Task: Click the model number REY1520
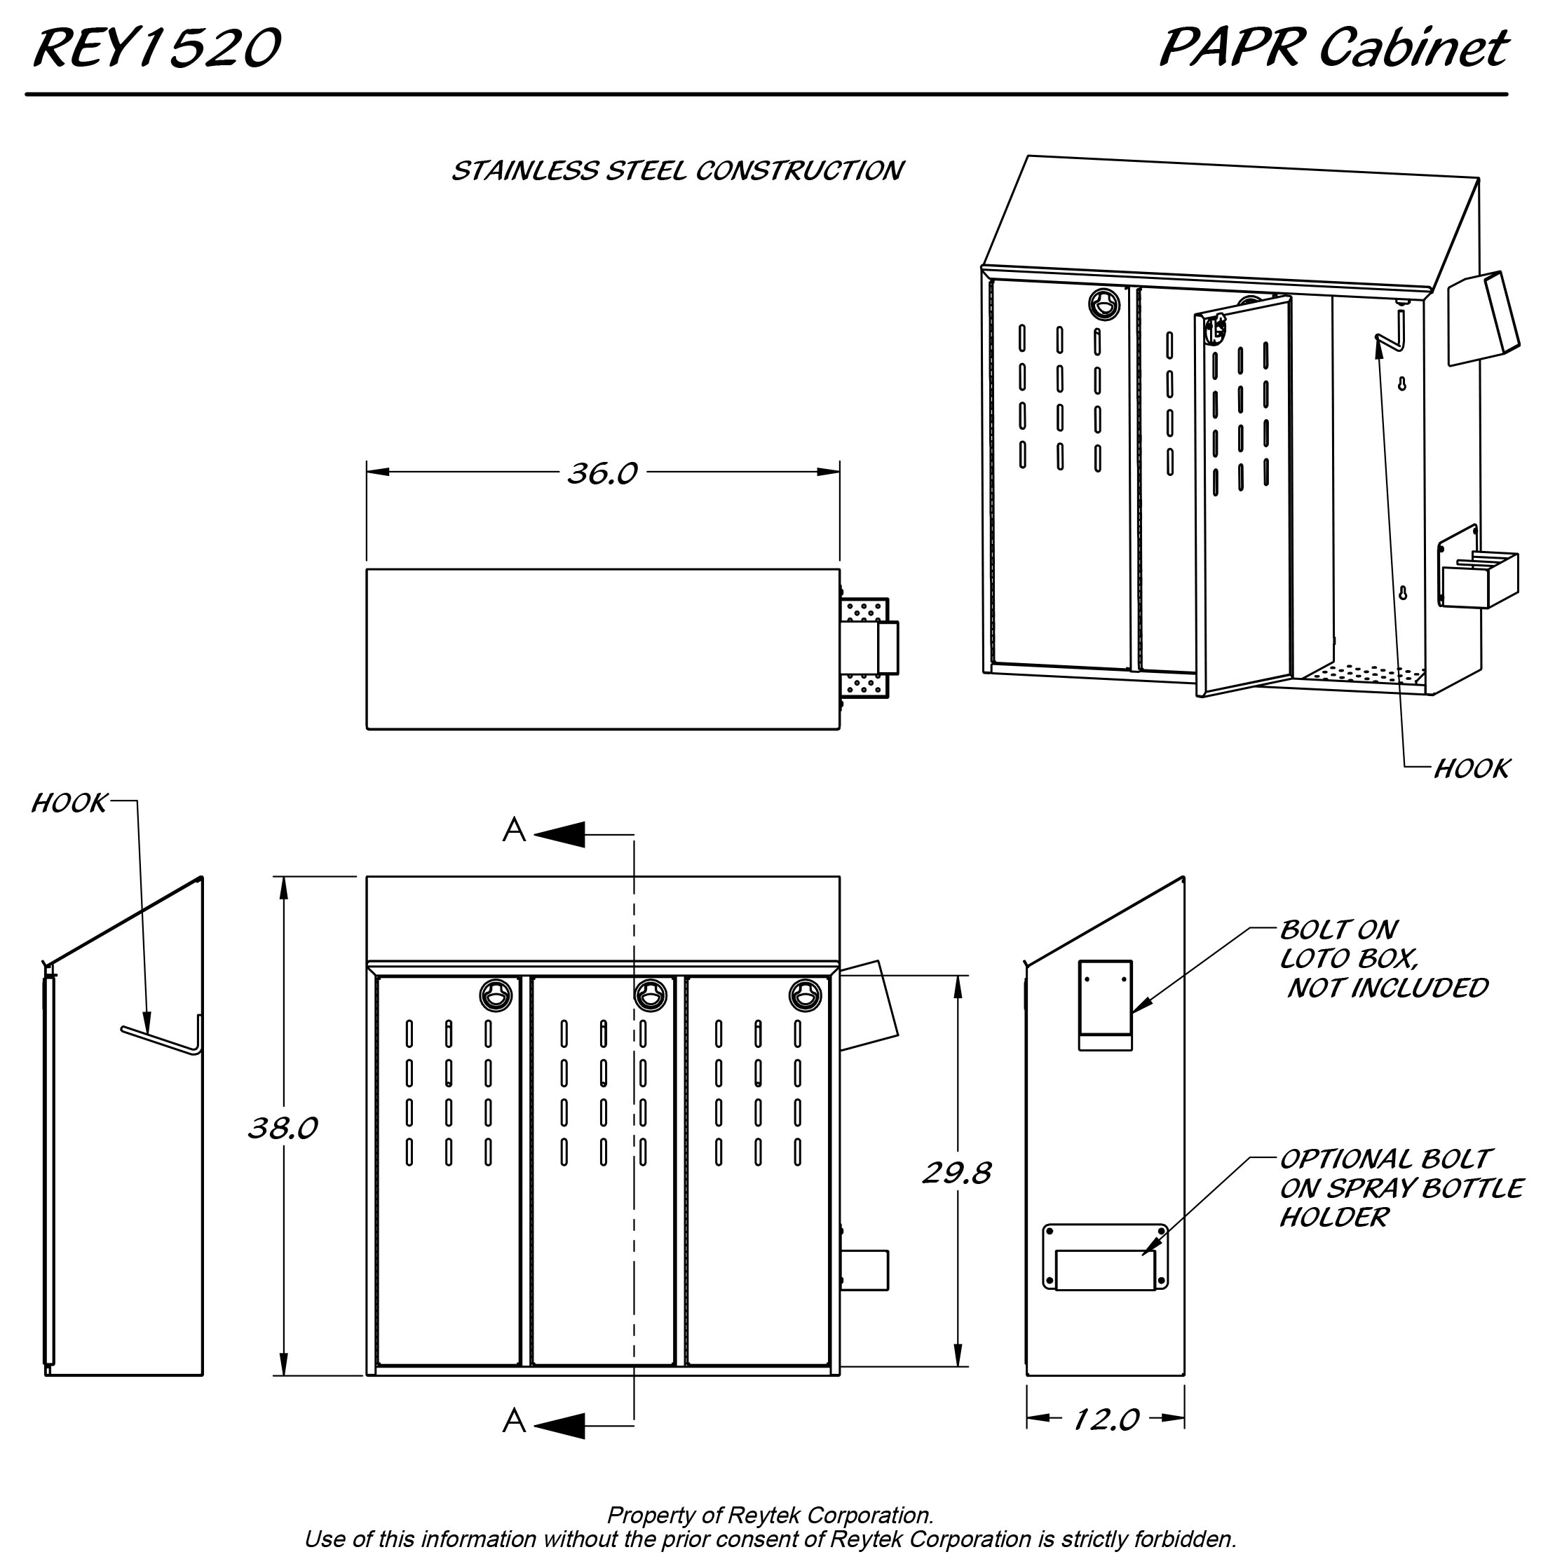click(x=156, y=48)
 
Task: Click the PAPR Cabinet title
click(x=1332, y=48)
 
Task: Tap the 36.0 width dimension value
click(x=602, y=474)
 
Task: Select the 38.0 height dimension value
click(x=283, y=1128)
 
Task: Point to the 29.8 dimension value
click(x=956, y=1173)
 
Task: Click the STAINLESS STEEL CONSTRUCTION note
click(x=677, y=171)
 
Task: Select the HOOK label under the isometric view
click(x=1471, y=769)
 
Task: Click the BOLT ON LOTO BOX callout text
click(x=1383, y=959)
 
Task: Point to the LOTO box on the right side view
click(x=1106, y=1005)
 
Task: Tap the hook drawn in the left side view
click(x=161, y=1040)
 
